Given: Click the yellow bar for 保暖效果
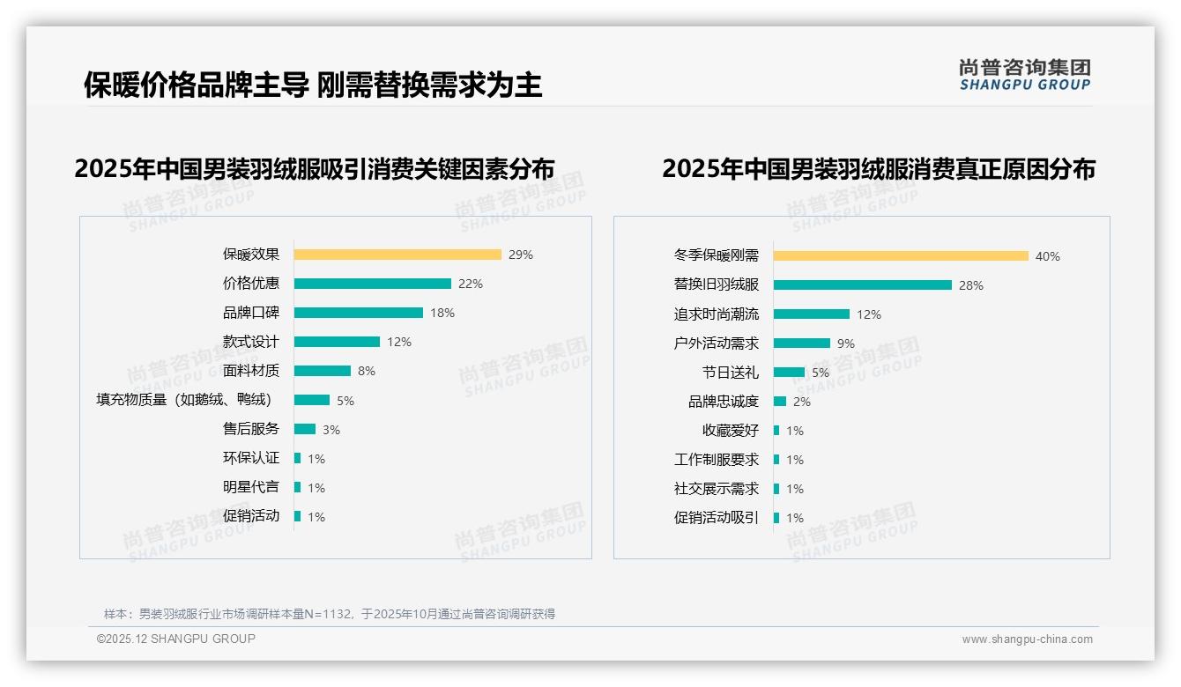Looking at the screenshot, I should [x=397, y=255].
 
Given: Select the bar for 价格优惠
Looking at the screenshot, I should [x=372, y=284].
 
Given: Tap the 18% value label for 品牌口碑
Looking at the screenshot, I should [x=442, y=313].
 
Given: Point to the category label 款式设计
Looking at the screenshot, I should [x=250, y=342].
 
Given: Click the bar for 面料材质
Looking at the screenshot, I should [x=322, y=371].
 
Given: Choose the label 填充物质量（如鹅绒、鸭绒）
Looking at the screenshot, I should [x=183, y=400].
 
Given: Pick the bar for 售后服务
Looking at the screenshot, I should [x=304, y=429].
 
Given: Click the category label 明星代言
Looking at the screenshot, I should [x=250, y=487].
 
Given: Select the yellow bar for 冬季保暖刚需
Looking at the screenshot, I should [x=901, y=256].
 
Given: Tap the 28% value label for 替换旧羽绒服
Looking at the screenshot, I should [x=971, y=285].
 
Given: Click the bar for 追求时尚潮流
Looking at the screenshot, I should [x=811, y=314].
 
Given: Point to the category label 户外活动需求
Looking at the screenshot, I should [x=716, y=343].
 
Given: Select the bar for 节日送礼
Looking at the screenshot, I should [x=789, y=373].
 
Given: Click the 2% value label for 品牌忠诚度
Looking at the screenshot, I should [x=802, y=402].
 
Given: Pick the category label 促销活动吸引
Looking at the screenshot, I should [x=716, y=518].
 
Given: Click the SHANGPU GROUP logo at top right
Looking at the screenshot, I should [x=1024, y=75].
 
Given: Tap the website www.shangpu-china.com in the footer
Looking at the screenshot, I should [x=1027, y=639].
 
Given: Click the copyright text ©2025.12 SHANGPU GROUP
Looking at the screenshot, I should [x=176, y=639].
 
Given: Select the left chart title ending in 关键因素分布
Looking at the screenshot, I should [x=315, y=168].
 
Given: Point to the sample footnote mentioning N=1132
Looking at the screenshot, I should [x=330, y=614].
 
